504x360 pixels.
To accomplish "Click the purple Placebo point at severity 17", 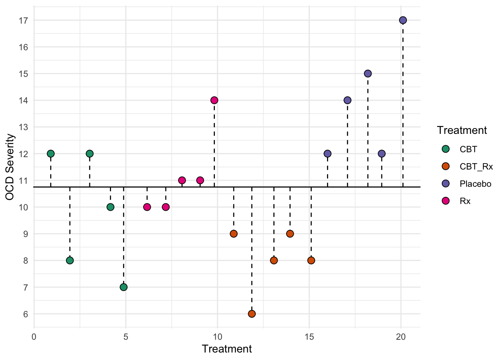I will [x=403, y=20].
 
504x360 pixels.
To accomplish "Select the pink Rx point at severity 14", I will [x=214, y=100].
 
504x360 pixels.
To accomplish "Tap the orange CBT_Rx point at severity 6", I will [x=252, y=313].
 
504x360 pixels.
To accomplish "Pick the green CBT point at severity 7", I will [x=123, y=287].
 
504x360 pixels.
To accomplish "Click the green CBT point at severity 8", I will [x=70, y=260].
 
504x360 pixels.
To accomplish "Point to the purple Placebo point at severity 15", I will [x=367, y=73].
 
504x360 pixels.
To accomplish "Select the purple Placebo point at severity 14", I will [x=347, y=100].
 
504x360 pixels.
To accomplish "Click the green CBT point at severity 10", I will [x=110, y=207].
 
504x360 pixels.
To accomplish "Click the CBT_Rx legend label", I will [x=476, y=166].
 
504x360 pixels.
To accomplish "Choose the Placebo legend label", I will [x=475, y=184].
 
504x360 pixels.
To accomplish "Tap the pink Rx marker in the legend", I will [x=446, y=201].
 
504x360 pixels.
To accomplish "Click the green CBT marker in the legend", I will [x=446, y=149].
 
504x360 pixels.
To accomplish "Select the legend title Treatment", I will [x=462, y=130].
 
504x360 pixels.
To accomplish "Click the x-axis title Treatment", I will [x=227, y=349].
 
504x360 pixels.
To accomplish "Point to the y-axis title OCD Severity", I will [x=10, y=167].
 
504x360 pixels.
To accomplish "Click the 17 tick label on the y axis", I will [x=24, y=20].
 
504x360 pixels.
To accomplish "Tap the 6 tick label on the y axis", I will [x=25, y=314].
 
